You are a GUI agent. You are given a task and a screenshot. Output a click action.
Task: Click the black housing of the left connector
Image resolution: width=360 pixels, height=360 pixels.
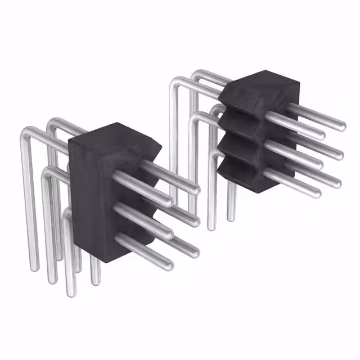pos(93,191)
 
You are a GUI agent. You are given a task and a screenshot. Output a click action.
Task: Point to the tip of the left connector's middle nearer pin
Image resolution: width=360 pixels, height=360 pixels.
pos(168,231)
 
